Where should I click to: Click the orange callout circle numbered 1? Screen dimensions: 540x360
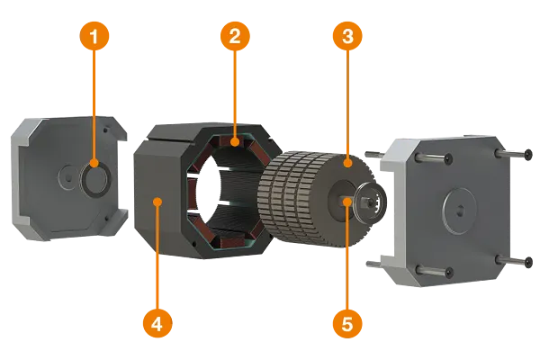[x=94, y=36]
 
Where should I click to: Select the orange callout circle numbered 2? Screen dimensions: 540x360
[x=235, y=36]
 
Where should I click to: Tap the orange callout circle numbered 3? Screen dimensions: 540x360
[x=347, y=36]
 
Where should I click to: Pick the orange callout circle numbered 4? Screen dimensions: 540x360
[x=157, y=323]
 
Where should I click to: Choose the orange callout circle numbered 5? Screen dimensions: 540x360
[x=347, y=323]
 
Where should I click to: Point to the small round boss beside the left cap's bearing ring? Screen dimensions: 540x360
[x=67, y=177]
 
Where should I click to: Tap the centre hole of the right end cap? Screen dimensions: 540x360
[x=460, y=211]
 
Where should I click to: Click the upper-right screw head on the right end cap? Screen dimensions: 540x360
[x=528, y=154]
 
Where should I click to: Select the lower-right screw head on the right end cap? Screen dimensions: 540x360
[x=529, y=263]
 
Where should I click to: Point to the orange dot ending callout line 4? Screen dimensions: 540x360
[x=157, y=202]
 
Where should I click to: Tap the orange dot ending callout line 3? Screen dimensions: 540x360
[x=347, y=163]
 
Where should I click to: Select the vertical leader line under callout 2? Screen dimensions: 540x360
[x=235, y=94]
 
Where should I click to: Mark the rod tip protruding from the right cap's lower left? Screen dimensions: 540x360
[x=368, y=264]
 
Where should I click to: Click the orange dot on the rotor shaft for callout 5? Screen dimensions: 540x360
[x=347, y=202]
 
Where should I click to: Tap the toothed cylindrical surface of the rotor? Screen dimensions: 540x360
[x=292, y=200]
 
